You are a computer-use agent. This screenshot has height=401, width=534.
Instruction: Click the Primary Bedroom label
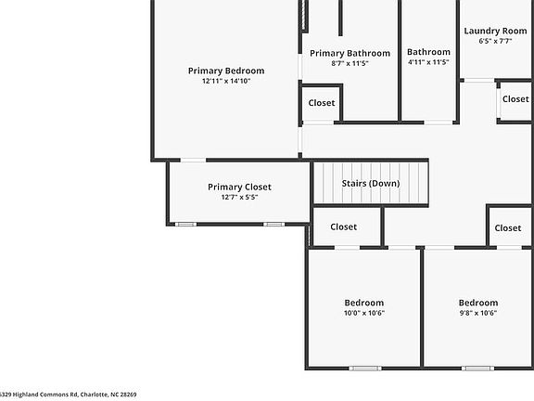pos(226,71)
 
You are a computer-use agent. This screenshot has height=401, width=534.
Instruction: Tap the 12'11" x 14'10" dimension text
pos(226,82)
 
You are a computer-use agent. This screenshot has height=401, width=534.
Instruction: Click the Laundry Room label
pos(495,31)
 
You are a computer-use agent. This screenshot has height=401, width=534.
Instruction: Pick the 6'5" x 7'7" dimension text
pos(495,42)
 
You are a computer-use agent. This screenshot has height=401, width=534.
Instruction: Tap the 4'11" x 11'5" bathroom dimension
pos(428,63)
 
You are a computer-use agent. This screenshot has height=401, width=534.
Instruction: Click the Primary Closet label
pos(239,187)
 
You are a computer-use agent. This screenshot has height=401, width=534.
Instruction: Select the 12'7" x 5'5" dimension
pos(239,198)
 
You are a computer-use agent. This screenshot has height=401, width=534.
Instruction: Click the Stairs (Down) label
pos(371,183)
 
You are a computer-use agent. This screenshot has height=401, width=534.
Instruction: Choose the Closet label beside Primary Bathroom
pos(322,103)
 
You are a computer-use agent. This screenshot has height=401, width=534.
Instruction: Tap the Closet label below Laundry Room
pos(515,99)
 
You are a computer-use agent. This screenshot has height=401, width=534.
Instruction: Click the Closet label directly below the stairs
pos(344,226)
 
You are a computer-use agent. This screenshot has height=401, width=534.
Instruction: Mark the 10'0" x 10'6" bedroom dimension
pos(364,314)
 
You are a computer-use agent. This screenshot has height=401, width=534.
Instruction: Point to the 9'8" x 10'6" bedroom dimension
pos(478,314)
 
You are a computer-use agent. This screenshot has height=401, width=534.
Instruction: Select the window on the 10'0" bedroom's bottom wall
pos(364,369)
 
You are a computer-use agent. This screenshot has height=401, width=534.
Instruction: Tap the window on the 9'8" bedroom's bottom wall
pos(478,369)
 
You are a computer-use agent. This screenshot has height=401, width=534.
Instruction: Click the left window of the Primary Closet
pos(186,224)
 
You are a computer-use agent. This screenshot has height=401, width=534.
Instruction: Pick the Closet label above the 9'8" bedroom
pos(508,228)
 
